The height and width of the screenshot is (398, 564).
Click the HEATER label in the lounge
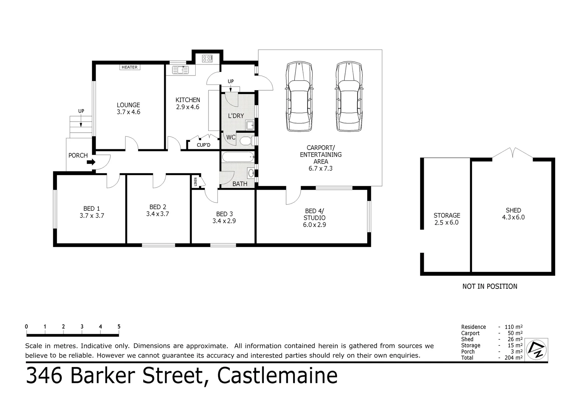point(130,67)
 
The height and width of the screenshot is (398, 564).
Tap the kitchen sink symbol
point(180,70)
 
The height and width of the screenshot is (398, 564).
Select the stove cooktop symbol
point(207,58)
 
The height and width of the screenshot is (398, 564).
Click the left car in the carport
point(299,97)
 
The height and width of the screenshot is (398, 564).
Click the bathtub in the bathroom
point(238,157)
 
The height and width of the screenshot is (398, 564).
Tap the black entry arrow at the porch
point(92,161)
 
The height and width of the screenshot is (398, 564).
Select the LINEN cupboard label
point(195,182)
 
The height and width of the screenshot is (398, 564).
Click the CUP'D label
point(203,145)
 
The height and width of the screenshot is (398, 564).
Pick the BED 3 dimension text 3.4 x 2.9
point(224,221)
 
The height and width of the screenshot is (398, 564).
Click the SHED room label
point(513,210)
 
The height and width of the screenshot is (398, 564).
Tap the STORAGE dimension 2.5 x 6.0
point(447,223)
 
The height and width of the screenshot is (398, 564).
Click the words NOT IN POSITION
point(489,286)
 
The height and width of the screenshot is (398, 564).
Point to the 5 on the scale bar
point(119,327)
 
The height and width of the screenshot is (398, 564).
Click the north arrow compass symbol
point(537,349)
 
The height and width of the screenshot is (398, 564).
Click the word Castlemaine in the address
point(277,376)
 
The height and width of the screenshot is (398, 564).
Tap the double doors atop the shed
point(512,153)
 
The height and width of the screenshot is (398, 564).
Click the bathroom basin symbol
point(251,172)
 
